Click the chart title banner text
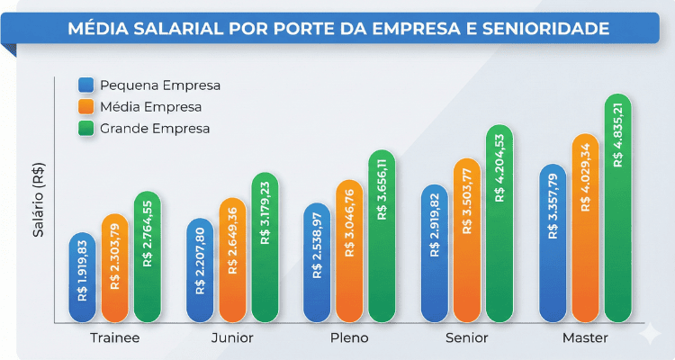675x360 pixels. (337, 29)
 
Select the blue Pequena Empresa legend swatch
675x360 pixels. (86, 85)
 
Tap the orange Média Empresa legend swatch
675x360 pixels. (86, 107)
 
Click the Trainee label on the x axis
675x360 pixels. (114, 338)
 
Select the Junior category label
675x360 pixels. (232, 338)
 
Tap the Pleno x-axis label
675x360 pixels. (349, 338)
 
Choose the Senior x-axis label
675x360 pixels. (466, 338)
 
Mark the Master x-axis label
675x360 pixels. (585, 338)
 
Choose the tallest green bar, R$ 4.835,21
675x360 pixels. (617, 208)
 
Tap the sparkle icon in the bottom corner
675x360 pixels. (647, 333)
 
